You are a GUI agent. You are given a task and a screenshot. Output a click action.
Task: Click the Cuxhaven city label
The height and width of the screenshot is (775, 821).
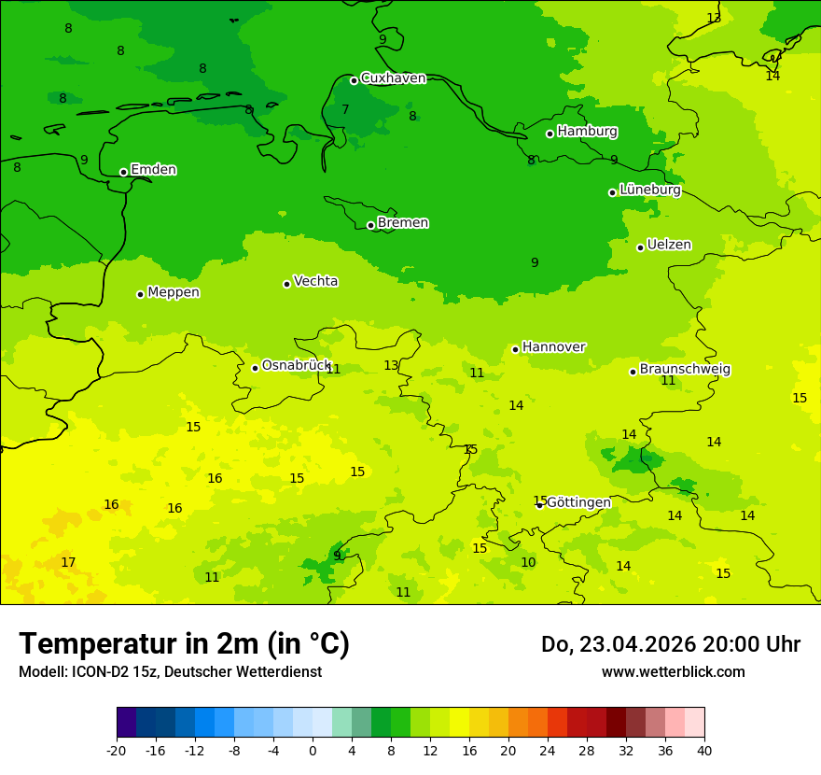tap(393, 78)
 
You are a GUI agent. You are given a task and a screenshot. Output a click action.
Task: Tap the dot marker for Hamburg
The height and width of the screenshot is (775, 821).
tap(550, 134)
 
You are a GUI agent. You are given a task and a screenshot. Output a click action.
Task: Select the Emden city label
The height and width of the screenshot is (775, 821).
tap(153, 170)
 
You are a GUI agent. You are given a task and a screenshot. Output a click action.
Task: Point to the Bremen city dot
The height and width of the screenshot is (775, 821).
tap(370, 225)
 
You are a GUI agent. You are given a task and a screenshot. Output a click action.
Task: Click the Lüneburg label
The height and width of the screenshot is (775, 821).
tap(649, 190)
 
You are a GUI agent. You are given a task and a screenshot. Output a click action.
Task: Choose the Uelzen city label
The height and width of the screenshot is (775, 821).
tap(669, 245)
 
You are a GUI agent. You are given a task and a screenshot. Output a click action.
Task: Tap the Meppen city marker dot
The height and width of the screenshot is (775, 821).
tap(140, 294)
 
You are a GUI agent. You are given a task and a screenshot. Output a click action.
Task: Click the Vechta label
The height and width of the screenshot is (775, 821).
tap(315, 281)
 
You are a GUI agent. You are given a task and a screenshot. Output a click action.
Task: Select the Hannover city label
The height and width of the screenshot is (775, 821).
tap(553, 347)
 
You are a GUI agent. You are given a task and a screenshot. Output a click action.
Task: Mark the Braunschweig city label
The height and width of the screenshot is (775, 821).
tap(685, 370)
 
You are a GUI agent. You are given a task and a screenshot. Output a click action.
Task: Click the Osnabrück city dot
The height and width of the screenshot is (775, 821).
tap(255, 368)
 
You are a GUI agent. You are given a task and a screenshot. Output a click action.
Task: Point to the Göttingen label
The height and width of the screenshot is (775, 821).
tap(578, 502)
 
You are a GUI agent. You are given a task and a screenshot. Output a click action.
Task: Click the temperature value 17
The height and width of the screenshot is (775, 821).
tap(68, 562)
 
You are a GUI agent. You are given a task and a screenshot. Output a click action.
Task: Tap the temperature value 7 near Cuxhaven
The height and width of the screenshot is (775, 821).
tap(345, 109)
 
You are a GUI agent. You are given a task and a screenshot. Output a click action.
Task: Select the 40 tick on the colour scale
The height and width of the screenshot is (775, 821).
tap(704, 750)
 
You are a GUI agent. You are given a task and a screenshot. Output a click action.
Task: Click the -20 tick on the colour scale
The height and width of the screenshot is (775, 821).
tap(117, 750)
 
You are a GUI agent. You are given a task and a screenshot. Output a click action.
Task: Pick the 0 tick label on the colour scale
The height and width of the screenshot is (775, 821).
tap(313, 750)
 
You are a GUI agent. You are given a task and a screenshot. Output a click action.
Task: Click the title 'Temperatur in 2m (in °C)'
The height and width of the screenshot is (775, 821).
tap(184, 644)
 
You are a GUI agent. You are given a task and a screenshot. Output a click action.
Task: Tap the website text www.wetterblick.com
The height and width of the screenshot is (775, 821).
tap(673, 672)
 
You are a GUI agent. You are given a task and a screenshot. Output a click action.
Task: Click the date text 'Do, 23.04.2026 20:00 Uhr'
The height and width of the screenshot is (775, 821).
tap(670, 644)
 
